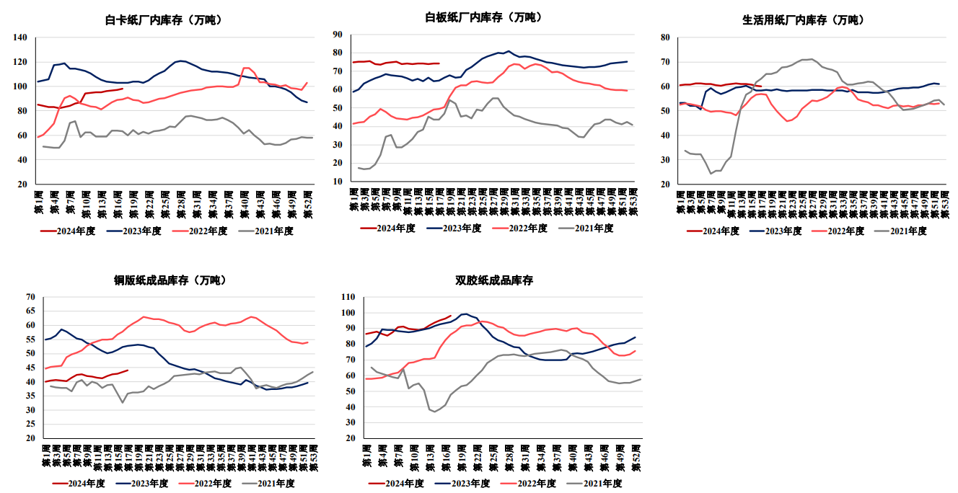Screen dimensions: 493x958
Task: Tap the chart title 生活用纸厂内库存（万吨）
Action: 803,20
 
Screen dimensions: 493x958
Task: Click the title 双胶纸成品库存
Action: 494,280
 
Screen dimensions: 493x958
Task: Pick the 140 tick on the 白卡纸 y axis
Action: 20,37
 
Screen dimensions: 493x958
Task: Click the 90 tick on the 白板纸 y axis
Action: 336,34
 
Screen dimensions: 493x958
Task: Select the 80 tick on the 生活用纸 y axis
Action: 665,37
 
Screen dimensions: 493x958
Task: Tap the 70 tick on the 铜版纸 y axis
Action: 30,297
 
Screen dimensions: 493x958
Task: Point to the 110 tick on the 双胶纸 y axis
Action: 348,297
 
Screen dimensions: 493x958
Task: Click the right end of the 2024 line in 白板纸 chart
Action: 439,63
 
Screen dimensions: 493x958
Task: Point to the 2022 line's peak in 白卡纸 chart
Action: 246,68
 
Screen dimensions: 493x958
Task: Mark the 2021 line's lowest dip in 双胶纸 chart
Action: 435,411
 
